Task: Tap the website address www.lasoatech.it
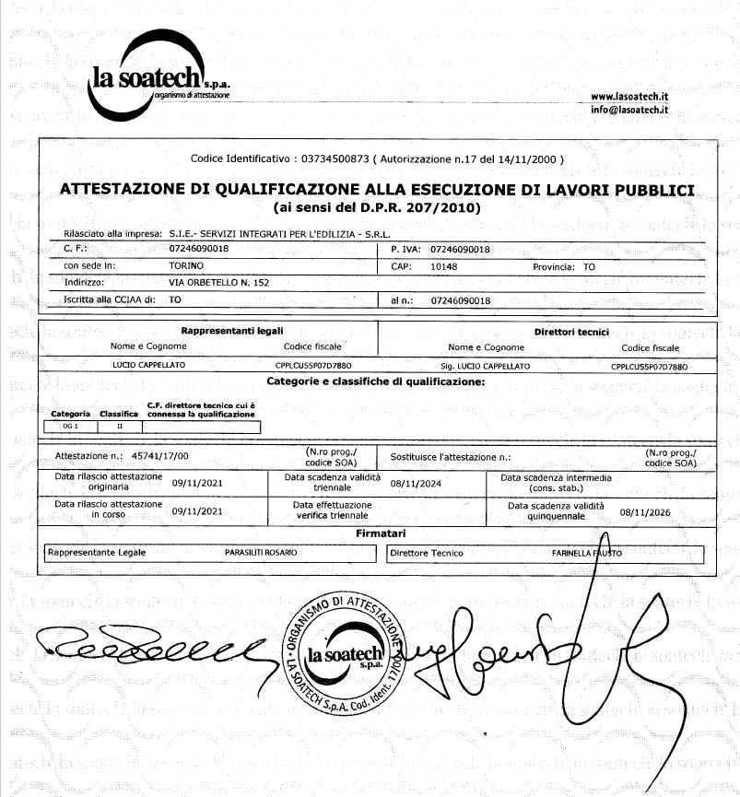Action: pos(629,96)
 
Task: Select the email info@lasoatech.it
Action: pos(629,110)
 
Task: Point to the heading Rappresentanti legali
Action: pos(232,331)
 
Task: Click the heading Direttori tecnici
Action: pos(571,331)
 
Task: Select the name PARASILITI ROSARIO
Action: pos(262,553)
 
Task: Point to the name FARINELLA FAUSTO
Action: pos(586,553)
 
